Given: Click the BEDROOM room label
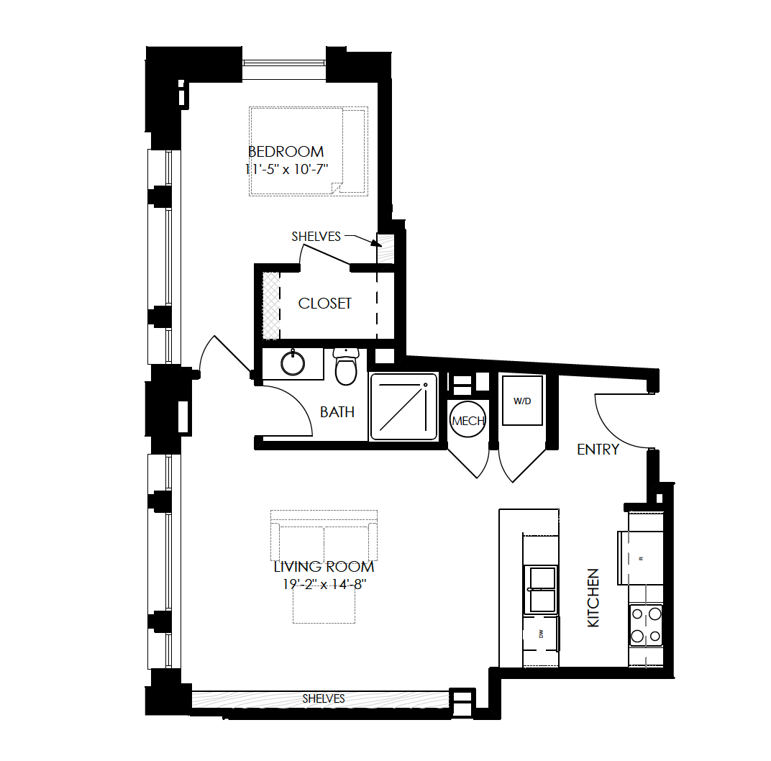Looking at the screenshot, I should [x=286, y=152].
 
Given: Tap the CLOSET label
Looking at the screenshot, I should [x=325, y=304].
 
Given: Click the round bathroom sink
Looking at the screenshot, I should [x=293, y=363].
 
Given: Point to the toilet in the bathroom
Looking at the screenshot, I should [x=346, y=368].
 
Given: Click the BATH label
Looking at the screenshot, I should [x=337, y=412].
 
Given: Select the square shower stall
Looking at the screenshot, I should [x=403, y=406].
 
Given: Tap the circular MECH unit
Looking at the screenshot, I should [x=467, y=421].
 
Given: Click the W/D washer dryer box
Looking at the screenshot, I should [x=522, y=401].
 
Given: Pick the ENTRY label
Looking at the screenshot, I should [x=598, y=450].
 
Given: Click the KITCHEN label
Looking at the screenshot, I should [x=593, y=598].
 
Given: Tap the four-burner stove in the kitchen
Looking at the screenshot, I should [x=645, y=625].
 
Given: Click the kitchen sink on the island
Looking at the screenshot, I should [x=542, y=589].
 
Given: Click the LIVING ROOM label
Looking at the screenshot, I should [x=324, y=567].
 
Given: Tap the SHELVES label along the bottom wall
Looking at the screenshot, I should [x=323, y=698].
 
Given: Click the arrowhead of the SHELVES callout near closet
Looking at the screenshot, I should [x=377, y=243].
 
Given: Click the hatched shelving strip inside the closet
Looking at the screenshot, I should [x=270, y=304].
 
